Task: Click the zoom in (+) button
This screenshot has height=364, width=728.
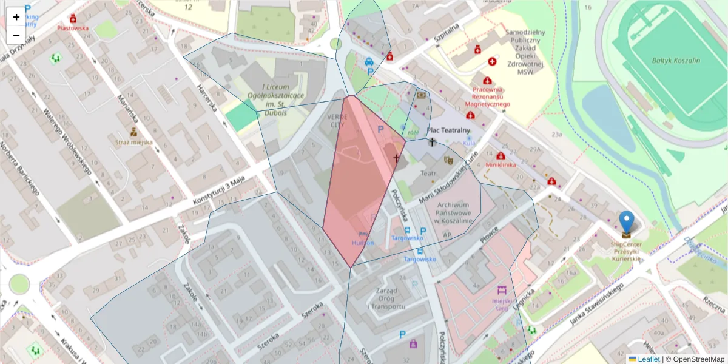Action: [16, 17]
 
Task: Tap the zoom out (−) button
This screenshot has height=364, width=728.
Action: [16, 35]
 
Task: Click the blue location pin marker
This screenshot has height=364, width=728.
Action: [626, 222]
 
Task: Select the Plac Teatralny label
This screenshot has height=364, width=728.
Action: [448, 130]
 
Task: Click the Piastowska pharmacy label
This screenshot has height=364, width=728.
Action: [73, 28]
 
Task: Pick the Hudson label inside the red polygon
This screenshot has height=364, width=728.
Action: [363, 243]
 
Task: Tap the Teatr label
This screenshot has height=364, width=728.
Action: [429, 174]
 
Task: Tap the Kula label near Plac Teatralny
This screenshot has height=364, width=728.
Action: [469, 143]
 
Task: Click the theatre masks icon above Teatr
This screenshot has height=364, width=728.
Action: [448, 160]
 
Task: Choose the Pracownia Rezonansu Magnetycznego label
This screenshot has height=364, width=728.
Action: [487, 96]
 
